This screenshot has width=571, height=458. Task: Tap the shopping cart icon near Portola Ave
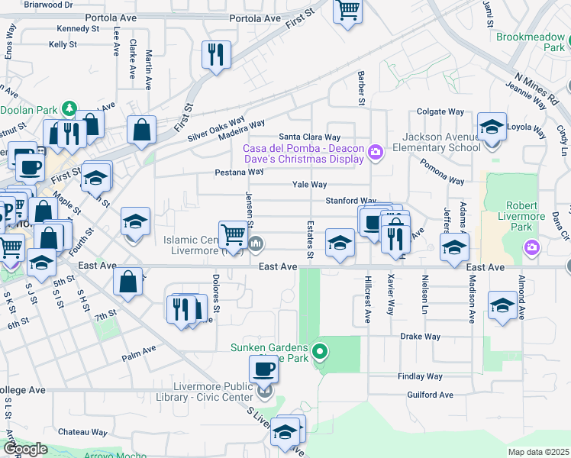[x=347, y=11]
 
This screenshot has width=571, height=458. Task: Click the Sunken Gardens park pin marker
[x=321, y=353]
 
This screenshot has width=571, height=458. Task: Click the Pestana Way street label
[x=222, y=173]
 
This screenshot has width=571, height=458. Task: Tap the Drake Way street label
[x=421, y=336]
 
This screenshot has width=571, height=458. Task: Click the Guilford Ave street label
[x=431, y=395]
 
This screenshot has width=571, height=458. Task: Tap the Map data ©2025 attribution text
[x=538, y=452]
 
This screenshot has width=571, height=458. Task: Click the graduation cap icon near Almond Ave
[x=502, y=306]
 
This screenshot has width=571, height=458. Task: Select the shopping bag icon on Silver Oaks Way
[x=142, y=130]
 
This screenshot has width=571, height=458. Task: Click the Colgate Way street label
[x=441, y=111]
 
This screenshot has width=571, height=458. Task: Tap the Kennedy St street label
[x=74, y=28]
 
